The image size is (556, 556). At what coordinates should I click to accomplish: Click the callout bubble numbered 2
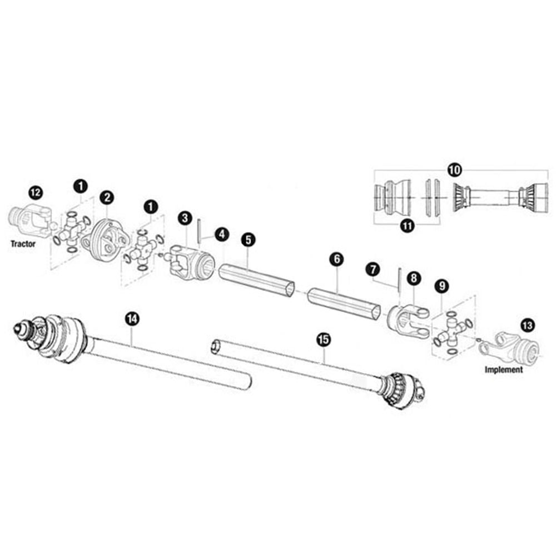(107, 197)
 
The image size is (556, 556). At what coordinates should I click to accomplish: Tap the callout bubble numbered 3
(185, 218)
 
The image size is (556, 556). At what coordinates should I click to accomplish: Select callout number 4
(222, 235)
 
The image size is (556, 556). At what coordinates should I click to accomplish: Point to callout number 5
(248, 240)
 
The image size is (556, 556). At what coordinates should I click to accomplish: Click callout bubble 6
(336, 259)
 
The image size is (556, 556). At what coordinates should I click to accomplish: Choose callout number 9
(442, 286)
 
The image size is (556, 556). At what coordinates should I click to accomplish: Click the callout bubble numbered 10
(454, 170)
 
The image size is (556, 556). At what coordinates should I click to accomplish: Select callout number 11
(408, 226)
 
